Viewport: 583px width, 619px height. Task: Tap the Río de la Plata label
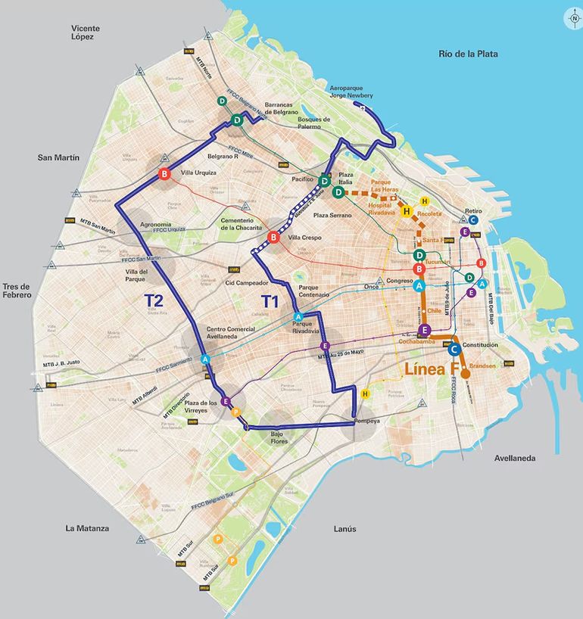coord(468,54)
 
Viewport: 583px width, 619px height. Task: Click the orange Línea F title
coord(432,370)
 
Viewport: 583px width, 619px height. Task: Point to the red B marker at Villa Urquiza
coord(164,176)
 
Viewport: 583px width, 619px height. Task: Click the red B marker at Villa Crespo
coord(273,239)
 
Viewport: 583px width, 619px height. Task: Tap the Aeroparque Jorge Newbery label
coord(351,93)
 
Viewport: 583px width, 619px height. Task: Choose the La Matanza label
coord(87,528)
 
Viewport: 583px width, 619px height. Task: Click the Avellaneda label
coord(515,459)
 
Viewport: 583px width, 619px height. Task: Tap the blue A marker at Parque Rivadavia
coord(298,316)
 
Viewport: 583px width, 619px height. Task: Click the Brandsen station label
coord(482,366)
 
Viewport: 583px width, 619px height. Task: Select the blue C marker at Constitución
coord(454,350)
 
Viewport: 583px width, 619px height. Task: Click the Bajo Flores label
coord(279,437)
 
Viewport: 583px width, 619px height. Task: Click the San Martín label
coord(58,157)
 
